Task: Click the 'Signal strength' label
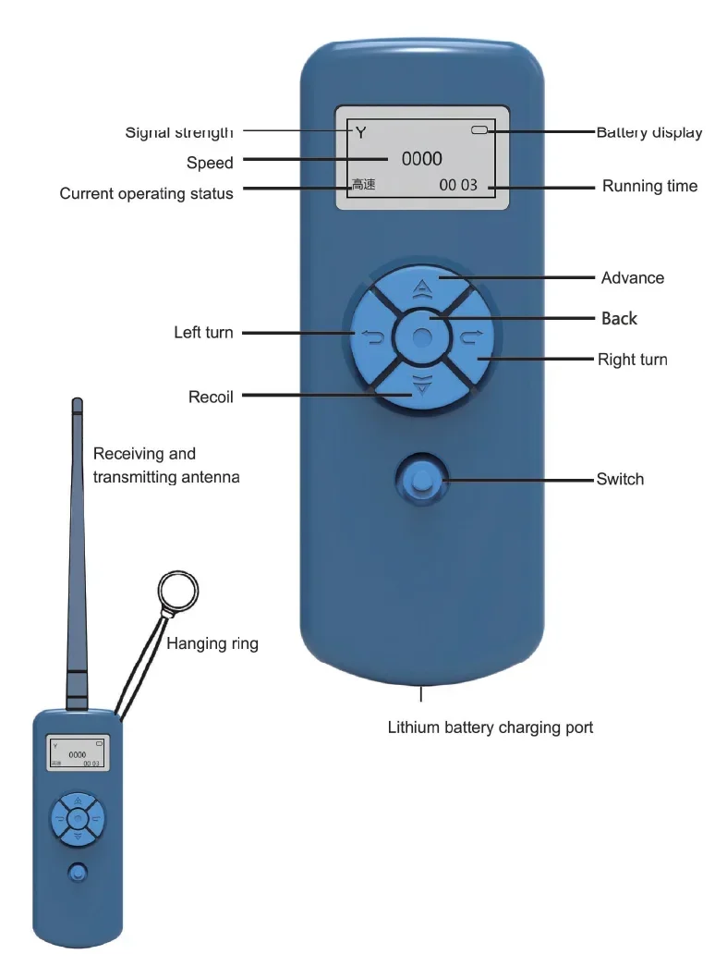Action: [x=179, y=132]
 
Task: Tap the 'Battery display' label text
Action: [x=648, y=132]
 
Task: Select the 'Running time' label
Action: [x=649, y=186]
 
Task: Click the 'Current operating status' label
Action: [x=146, y=193]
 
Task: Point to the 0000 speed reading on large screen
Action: [x=421, y=158]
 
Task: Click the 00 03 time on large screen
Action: [x=458, y=185]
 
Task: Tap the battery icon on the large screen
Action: [x=479, y=131]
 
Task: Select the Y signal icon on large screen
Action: [x=360, y=133]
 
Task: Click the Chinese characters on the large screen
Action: [x=362, y=185]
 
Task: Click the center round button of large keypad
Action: [x=422, y=336]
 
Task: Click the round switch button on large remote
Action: [x=421, y=481]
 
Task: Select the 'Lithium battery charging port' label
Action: [x=490, y=728]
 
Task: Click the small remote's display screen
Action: [x=78, y=752]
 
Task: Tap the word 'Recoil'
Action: [x=211, y=397]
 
